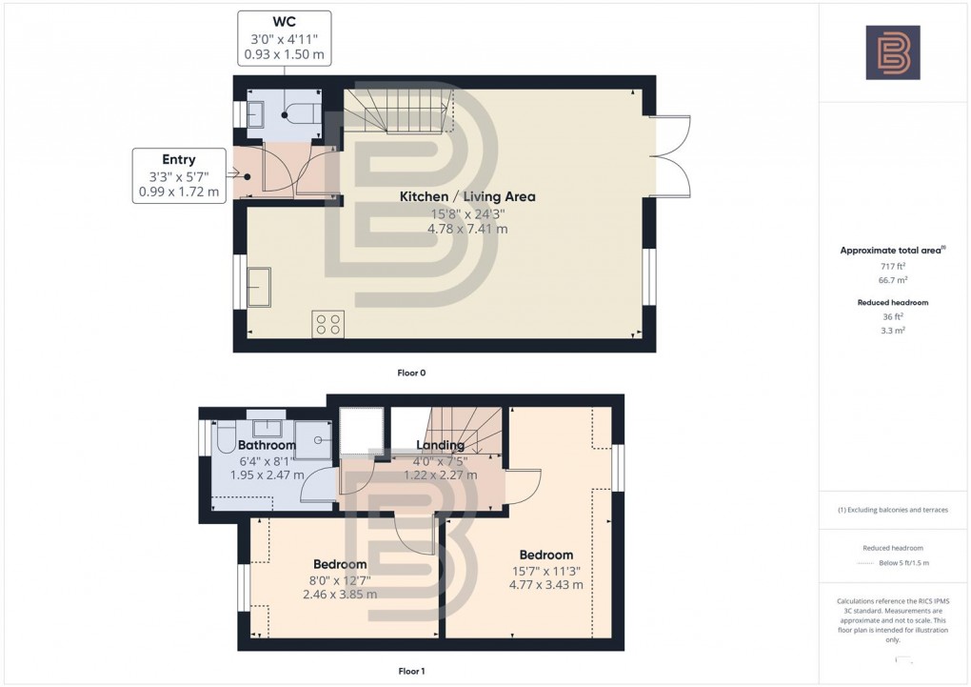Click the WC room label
coord(284,22)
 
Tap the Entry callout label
coord(179,159)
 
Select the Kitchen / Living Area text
coord(466,197)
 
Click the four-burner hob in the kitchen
coord(328,324)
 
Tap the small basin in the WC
coord(256,114)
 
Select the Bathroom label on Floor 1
coord(267,445)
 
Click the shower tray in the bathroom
coord(314,437)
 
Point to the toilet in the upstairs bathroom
coord(225,438)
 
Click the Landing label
coord(440,445)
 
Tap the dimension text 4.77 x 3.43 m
coord(545,585)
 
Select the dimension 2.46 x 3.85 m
coord(340,594)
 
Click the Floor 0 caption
coord(411,373)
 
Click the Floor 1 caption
coord(411,671)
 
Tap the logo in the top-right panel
coord(892,52)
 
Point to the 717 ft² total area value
coord(893,269)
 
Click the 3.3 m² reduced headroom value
coord(893,330)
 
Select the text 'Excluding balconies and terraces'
coord(898,510)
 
